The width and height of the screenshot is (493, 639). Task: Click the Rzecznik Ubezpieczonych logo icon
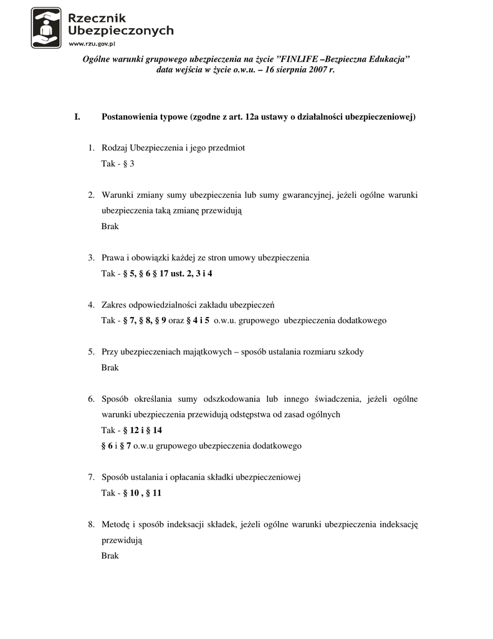coord(46,27)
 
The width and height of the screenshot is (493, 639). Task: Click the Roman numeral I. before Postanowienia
coord(77,117)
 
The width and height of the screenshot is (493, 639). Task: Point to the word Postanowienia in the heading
coord(129,117)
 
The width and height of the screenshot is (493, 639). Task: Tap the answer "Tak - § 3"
coord(118,163)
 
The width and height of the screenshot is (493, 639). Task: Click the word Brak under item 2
coord(110,227)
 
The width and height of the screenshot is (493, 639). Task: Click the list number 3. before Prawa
coord(91,258)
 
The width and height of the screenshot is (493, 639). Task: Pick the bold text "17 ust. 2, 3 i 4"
coord(186,273)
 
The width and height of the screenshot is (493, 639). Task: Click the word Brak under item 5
coord(110,368)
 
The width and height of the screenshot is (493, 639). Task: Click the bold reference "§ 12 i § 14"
coord(143,430)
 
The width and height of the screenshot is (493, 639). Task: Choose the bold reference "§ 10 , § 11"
coord(142,493)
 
